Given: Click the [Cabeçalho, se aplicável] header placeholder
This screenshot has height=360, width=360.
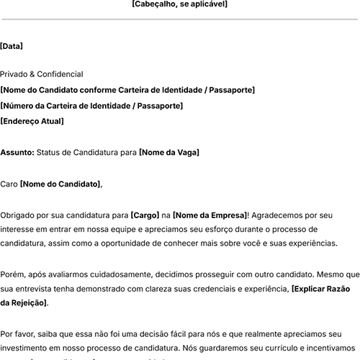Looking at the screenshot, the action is point(179,4).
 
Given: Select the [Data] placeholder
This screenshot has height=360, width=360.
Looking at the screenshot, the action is point(12,46).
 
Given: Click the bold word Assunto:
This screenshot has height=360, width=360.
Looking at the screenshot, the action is point(17,153).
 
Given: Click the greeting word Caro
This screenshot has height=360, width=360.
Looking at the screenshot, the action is point(9,184).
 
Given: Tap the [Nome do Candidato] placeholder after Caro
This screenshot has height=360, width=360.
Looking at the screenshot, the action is point(60,184).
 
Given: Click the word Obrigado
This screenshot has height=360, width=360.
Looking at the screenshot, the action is point(19,215).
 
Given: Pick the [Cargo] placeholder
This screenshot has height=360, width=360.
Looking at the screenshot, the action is point(145,215).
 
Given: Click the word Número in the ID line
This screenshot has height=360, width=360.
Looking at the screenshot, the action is point(22,106).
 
